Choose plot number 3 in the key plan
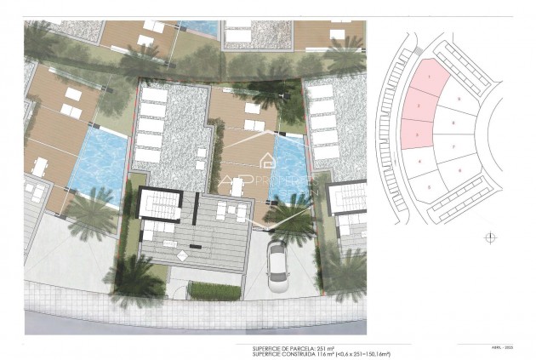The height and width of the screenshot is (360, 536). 416,133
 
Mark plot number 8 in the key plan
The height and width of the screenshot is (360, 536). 453,123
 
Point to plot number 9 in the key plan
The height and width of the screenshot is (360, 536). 459,99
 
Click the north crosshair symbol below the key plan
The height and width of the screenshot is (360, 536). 488,238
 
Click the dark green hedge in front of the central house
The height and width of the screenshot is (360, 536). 214,291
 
